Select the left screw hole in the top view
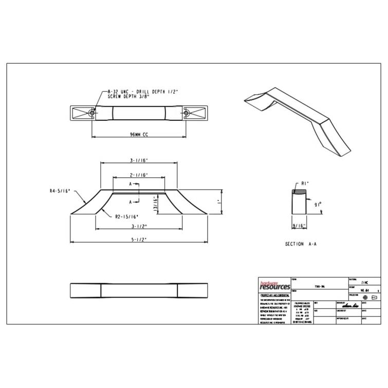coord(92,112)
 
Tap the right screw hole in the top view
coord(186,112)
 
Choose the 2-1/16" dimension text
coord(139,175)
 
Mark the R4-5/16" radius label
coord(60,191)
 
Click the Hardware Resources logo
coord(274,286)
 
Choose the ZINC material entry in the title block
coord(365,283)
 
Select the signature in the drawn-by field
coord(343,305)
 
